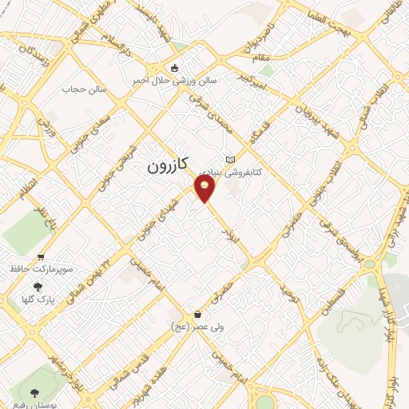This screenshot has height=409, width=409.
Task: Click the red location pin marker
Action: (205, 189)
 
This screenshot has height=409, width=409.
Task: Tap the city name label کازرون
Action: (168, 166)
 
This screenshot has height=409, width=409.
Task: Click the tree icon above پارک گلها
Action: (37, 288)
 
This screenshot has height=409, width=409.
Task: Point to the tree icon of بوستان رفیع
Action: (34, 392)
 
